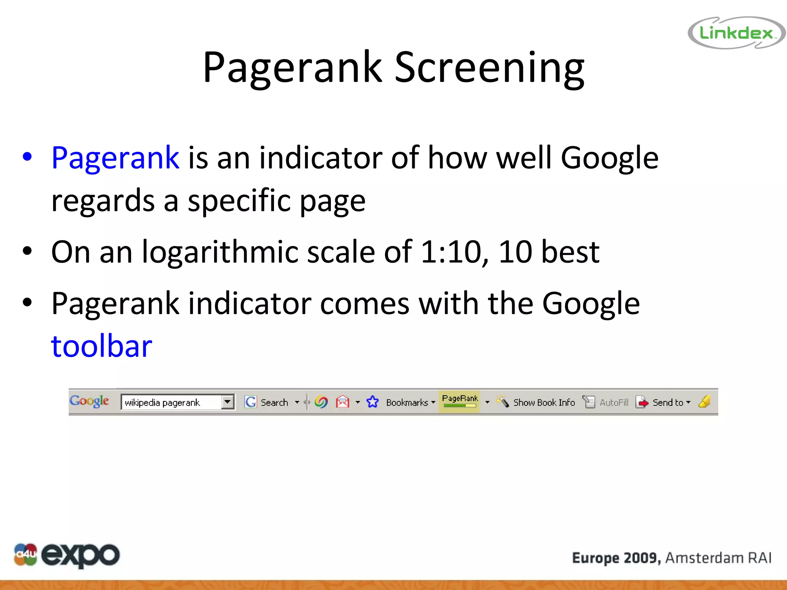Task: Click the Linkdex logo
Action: (x=736, y=33)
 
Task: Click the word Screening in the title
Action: (x=489, y=68)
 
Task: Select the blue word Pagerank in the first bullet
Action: (x=115, y=158)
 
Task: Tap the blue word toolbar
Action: (x=102, y=346)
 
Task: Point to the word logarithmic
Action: (x=220, y=252)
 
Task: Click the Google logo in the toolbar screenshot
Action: (x=90, y=401)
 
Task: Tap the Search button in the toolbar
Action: (x=274, y=403)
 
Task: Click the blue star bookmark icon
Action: (x=372, y=402)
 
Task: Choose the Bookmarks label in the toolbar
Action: (x=407, y=403)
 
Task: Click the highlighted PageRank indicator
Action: (x=460, y=401)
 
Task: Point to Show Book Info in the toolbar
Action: (x=544, y=403)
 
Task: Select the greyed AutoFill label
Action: (x=614, y=403)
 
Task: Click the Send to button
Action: (x=667, y=403)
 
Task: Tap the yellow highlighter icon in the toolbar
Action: (x=704, y=402)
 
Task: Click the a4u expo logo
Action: (x=66, y=555)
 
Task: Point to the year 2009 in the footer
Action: (x=641, y=558)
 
